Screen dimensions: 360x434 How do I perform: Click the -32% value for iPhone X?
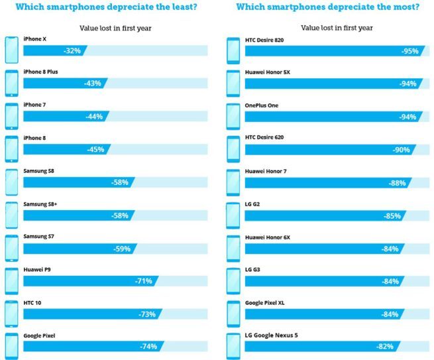tap(72, 50)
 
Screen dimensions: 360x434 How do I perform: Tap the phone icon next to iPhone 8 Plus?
tap(11, 83)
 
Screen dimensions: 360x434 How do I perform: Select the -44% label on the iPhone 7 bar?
tap(94, 117)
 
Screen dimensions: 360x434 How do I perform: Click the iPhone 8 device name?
tap(34, 138)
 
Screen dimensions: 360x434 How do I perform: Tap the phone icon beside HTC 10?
tap(11, 314)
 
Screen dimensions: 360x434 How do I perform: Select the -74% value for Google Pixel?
tap(148, 347)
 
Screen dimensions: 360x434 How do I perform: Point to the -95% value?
tap(408, 50)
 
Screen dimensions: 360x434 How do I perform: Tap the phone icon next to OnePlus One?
tap(233, 116)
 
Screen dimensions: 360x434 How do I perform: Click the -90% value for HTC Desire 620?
tap(402, 150)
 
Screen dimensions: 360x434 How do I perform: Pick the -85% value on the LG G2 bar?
tap(393, 215)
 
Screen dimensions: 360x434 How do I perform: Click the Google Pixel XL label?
tap(265, 303)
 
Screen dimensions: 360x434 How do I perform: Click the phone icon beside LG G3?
tap(233, 281)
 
